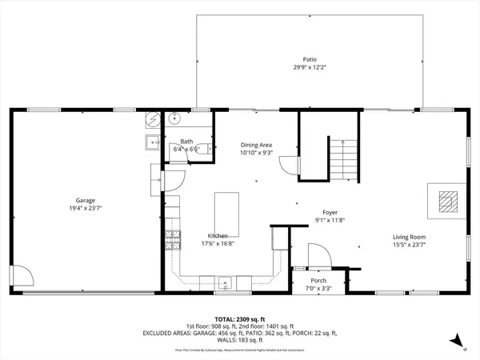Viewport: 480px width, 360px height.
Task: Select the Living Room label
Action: pyautogui.click(x=408, y=237)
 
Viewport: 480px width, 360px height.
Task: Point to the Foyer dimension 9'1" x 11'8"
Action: pyautogui.click(x=329, y=220)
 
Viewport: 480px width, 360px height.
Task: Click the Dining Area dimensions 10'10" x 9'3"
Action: pyautogui.click(x=257, y=153)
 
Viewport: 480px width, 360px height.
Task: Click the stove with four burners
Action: pyautogui.click(x=170, y=238)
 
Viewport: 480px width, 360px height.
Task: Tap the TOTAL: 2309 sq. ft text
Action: pyautogui.click(x=239, y=318)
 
